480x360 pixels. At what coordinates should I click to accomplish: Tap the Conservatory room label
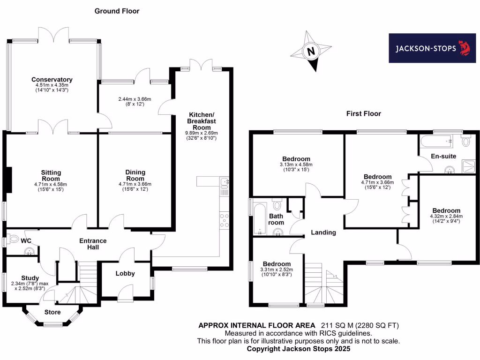click(x=52, y=79)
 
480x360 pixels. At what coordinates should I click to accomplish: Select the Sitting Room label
click(x=51, y=176)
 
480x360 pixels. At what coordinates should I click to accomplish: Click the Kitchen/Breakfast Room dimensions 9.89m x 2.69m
click(x=201, y=133)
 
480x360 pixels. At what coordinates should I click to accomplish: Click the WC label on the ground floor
click(x=26, y=240)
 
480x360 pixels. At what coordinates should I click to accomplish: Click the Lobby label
click(x=125, y=273)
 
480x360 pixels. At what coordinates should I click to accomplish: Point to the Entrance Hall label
click(x=93, y=244)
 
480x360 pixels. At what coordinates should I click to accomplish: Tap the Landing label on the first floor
click(x=323, y=232)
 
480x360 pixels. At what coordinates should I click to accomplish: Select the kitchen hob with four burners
click(x=224, y=221)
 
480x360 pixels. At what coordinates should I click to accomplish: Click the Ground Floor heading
click(x=117, y=11)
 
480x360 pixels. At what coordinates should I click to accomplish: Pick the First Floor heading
click(x=363, y=113)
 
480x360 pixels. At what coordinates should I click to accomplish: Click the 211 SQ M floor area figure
click(x=337, y=325)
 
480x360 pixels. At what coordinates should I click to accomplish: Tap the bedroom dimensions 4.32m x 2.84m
click(x=446, y=216)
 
